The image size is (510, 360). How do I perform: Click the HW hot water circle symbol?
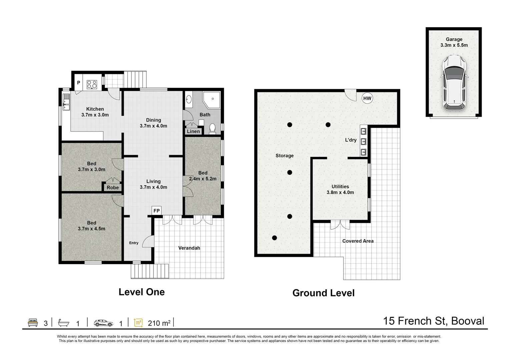367,98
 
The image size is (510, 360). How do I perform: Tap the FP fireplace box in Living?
156,210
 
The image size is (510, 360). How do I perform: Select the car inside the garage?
454,82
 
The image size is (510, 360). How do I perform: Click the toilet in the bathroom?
212,129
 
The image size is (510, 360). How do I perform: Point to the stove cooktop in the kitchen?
92,84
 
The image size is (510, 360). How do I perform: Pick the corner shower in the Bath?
211,100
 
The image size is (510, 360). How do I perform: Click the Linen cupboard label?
193,131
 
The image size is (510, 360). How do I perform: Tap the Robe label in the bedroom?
113,187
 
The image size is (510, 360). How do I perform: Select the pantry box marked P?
79,83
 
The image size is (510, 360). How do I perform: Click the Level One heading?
141,292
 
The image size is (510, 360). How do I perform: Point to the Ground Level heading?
323,293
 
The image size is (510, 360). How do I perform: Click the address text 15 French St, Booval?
434,321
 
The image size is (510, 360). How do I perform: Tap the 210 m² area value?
159,323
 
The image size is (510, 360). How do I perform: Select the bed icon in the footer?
33,323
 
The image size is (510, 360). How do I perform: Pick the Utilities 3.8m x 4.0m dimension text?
340,192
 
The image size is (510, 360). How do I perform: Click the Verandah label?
189,248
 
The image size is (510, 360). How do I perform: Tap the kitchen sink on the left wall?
66,103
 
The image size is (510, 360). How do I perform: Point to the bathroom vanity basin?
189,99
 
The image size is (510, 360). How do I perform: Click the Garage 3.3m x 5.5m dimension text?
454,45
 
